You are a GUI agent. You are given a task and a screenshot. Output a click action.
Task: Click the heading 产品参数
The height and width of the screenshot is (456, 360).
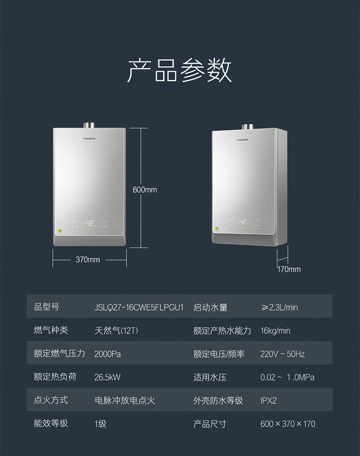pos(180,70)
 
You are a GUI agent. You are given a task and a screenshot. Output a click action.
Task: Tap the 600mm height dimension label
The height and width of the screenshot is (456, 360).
pos(144,190)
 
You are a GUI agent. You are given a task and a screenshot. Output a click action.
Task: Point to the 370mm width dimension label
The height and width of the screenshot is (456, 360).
pos(88,260)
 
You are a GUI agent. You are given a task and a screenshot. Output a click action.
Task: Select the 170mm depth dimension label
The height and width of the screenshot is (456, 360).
pos(288,269)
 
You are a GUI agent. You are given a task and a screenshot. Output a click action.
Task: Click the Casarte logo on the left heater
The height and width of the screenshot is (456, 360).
pos(90,139)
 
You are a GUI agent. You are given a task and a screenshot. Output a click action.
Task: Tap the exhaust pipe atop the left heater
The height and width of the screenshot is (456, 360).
pos(90,125)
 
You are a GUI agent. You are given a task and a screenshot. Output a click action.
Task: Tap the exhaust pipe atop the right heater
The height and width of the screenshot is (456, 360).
pos(248,127)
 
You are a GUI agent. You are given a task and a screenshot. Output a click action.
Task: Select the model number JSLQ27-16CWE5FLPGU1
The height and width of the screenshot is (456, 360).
pos(139,307)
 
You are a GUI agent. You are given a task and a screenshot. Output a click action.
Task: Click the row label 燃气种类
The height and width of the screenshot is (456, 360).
pos(51,330)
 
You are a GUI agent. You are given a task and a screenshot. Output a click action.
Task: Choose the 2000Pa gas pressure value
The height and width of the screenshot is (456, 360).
pos(108,354)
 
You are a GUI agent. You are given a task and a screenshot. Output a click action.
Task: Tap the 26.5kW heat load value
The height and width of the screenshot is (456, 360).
pos(108,377)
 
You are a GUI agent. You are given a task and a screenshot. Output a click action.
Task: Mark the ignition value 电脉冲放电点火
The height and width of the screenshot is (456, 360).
pos(125,400)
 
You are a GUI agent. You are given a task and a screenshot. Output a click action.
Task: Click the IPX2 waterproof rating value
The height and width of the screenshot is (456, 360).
pos(268,400)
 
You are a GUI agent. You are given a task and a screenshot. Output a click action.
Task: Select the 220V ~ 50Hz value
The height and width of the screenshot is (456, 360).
pos(282,354)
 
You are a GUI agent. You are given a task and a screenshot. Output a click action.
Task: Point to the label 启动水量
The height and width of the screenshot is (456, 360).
pos(210,307)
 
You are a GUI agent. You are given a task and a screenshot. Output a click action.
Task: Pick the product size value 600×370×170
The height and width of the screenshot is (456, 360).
pos(288,424)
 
